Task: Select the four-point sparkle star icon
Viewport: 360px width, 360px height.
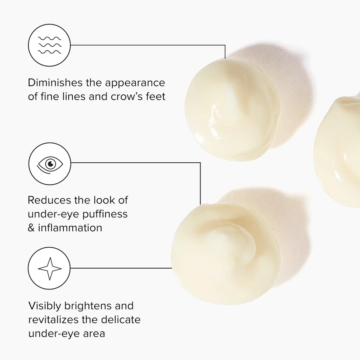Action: pos(50,269)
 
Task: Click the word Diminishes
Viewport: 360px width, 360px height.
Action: pos(55,83)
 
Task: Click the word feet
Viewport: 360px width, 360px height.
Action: pos(156,96)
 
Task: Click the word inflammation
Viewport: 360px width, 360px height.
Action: pos(70,228)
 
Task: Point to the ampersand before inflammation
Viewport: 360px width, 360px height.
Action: pos(31,228)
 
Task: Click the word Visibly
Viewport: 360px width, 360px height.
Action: pos(45,306)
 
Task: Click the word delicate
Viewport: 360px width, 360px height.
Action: pos(121,320)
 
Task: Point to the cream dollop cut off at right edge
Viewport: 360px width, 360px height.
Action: pos(338,152)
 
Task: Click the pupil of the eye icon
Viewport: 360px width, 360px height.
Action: pos(50,164)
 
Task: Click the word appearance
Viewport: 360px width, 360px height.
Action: pos(135,83)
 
